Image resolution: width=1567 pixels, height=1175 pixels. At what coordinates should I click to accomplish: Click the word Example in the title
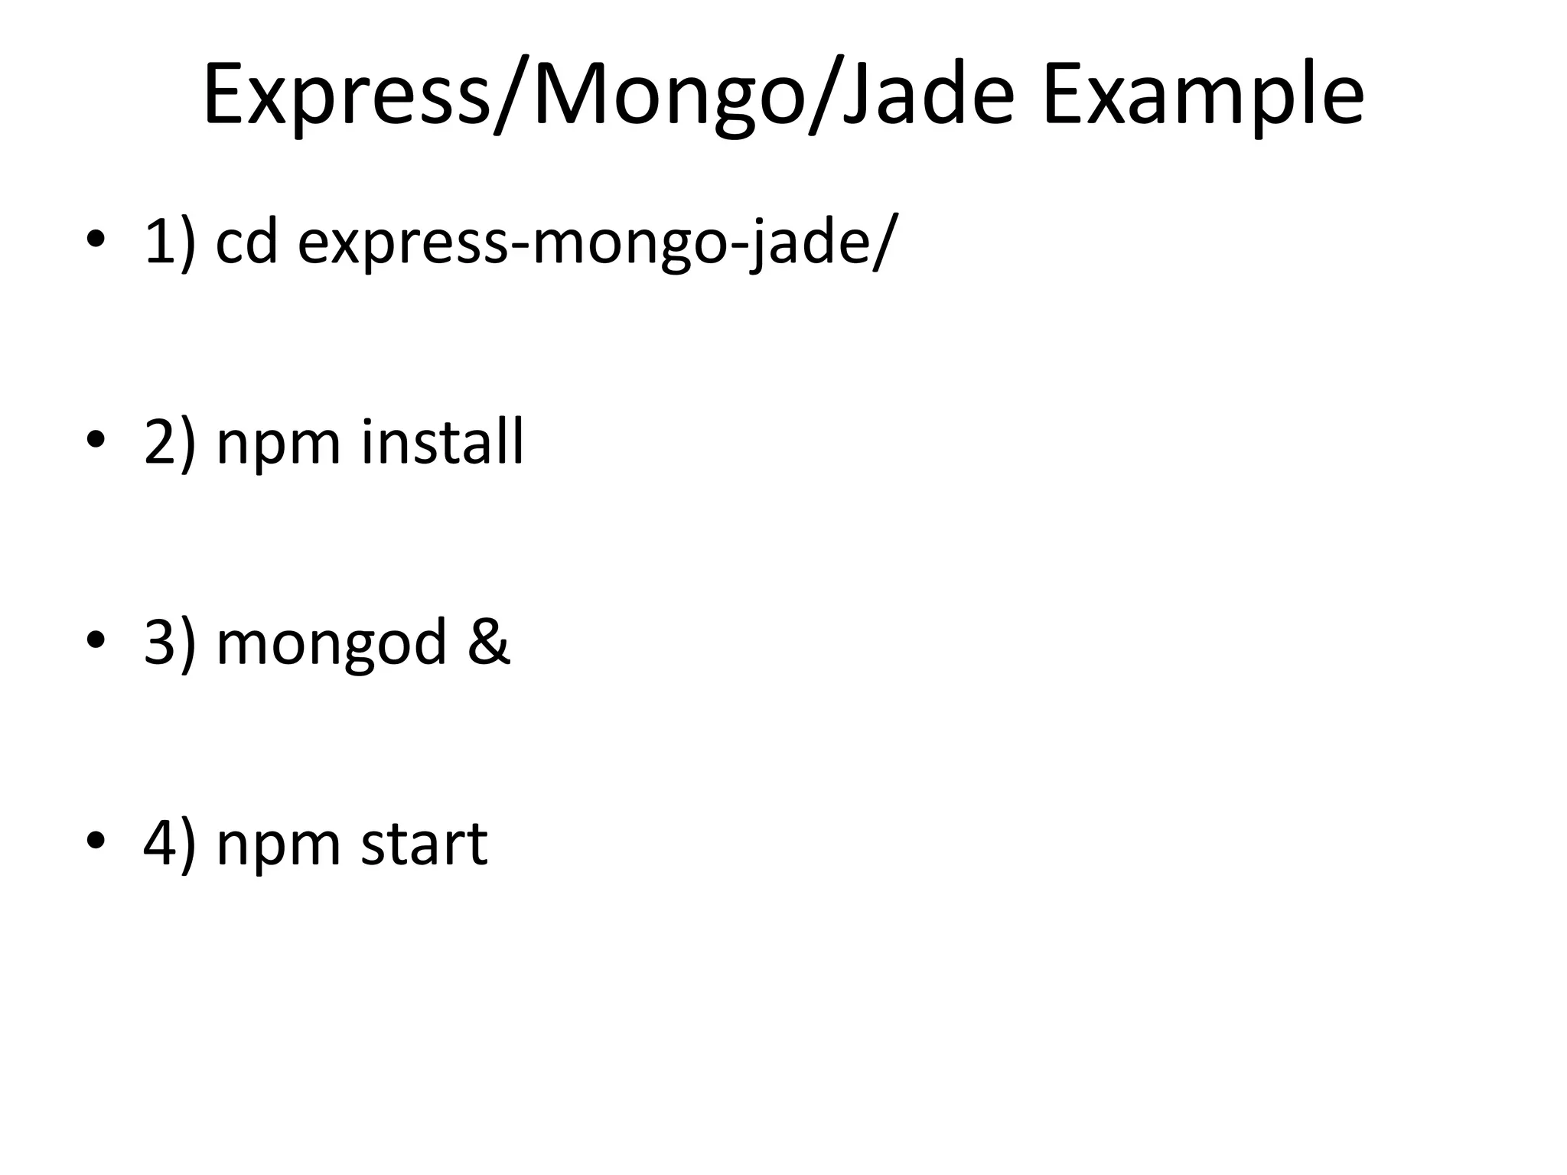(1203, 96)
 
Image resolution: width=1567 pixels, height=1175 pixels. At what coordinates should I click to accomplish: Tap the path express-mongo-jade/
(594, 243)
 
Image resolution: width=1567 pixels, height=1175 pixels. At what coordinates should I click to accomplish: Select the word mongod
(331, 645)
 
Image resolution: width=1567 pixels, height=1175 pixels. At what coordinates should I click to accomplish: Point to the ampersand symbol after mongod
(488, 643)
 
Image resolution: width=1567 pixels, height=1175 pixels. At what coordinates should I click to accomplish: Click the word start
(424, 844)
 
